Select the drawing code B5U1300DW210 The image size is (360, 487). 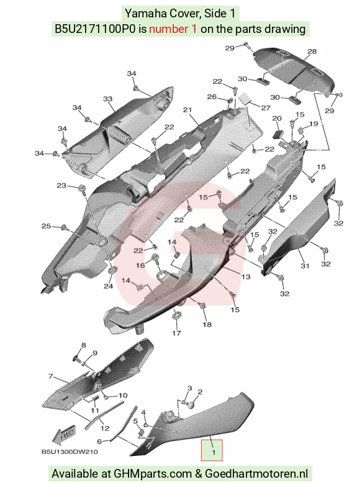[70, 452]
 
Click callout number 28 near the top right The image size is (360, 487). [312, 51]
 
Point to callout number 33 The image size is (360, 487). [107, 99]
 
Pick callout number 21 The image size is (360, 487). [187, 109]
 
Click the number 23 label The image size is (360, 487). [61, 185]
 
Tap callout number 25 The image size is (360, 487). [46, 226]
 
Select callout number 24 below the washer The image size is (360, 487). [108, 286]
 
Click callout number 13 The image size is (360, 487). [246, 276]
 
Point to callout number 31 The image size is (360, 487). [305, 266]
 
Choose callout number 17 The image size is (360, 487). [176, 333]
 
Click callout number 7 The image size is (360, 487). [51, 376]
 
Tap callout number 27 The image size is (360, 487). [266, 108]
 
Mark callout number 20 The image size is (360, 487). [277, 118]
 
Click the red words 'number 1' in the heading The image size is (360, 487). [173, 29]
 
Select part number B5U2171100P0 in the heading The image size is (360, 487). [96, 29]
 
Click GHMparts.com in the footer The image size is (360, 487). [153, 473]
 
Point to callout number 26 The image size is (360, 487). [212, 97]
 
